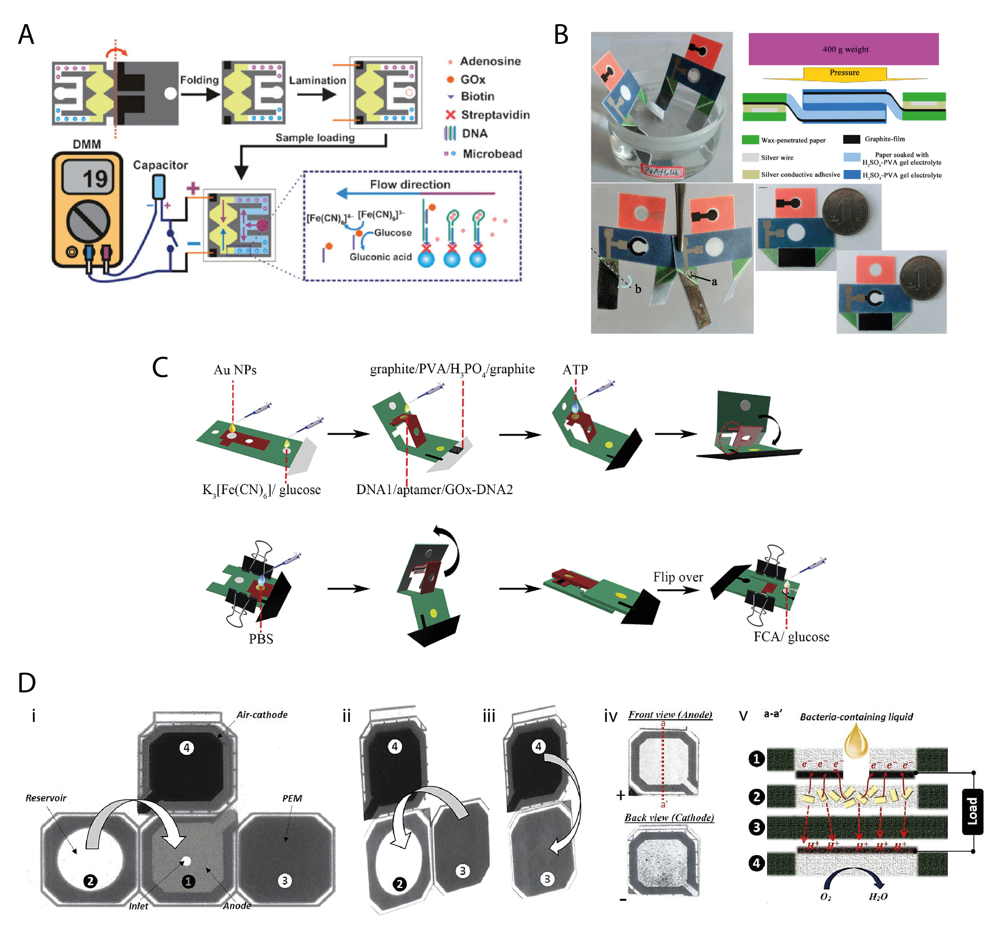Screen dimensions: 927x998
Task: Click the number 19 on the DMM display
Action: point(94,179)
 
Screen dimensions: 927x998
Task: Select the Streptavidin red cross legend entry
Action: point(450,115)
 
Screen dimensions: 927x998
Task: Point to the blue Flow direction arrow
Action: point(376,194)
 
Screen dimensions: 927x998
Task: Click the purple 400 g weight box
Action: point(843,49)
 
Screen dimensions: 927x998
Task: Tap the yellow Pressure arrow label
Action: point(844,73)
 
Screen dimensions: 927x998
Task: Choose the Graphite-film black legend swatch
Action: point(851,139)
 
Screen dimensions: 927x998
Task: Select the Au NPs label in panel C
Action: point(235,370)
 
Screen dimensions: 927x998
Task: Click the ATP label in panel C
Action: point(575,370)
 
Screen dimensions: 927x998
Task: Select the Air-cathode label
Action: point(262,715)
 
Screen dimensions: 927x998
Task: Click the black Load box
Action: point(972,812)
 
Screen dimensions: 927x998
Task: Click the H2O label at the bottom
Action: point(878,896)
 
